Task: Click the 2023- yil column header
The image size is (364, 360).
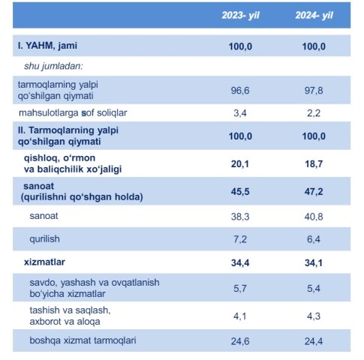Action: pos(240,16)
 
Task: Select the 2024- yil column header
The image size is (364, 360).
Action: pos(314,16)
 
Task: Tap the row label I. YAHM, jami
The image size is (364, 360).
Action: pos(47,46)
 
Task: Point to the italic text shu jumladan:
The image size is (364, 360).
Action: pos(53,66)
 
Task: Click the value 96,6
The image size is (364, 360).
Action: pos(240,91)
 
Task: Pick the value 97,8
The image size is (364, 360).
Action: pos(314,91)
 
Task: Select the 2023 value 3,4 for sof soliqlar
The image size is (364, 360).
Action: pos(240,113)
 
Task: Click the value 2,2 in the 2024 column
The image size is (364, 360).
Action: pos(314,113)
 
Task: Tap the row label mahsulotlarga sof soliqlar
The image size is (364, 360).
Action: pos(73,113)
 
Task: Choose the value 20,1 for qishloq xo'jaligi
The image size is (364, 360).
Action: pos(240,164)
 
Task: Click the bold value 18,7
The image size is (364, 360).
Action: pos(314,164)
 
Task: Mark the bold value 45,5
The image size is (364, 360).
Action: pos(240,192)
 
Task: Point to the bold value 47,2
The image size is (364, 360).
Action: pos(314,192)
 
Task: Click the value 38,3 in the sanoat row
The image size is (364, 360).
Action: pos(240,217)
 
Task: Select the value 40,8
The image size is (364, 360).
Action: pos(314,217)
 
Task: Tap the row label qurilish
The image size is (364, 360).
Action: pos(44,239)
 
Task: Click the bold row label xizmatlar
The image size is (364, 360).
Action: pos(44,262)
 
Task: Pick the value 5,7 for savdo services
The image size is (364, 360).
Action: pos(240,289)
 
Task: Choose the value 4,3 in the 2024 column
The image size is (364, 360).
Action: pos(314,316)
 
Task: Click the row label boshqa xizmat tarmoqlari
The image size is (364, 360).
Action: pos(83,340)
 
